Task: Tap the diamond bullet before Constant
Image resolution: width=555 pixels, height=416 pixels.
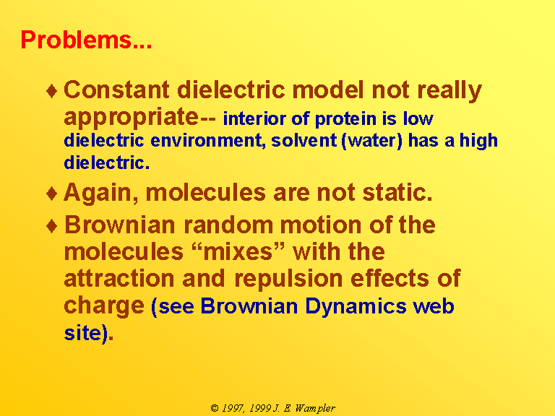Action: pos(52,90)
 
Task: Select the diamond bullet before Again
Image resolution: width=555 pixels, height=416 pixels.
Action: pos(52,194)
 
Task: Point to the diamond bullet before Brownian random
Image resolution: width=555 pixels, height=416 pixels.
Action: pos(52,225)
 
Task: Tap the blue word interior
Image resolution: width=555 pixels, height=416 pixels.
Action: pos(254,118)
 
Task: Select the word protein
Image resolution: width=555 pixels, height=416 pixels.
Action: pos(345,119)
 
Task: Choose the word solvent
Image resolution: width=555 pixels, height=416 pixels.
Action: pos(304,140)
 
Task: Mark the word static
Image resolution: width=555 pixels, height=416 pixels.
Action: pos(397,193)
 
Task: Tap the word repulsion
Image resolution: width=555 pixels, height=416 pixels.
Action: pos(288,279)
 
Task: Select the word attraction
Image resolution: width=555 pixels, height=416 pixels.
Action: pos(119,278)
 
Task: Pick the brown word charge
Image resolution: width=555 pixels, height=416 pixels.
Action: pos(104,305)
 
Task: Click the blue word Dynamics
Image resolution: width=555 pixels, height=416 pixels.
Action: pos(356,306)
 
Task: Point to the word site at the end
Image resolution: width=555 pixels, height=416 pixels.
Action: pos(82,333)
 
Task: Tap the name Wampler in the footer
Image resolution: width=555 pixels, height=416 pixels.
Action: pos(314,408)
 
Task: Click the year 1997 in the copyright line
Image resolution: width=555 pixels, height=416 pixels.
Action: pos(233,408)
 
